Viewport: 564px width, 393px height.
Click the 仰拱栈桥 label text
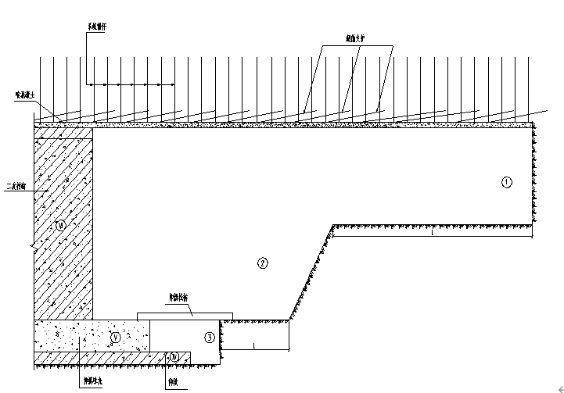pyautogui.click(x=181, y=298)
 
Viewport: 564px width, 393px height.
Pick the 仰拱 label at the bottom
pyautogui.click(x=172, y=382)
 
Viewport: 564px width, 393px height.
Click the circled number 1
pyautogui.click(x=506, y=182)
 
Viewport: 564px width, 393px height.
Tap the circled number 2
pyautogui.click(x=263, y=263)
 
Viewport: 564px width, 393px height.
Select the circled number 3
pyautogui.click(x=209, y=338)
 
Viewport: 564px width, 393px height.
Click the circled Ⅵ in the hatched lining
pyautogui.click(x=62, y=227)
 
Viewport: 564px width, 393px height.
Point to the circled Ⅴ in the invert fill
pyautogui.click(x=116, y=338)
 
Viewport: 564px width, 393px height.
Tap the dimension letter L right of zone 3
pyautogui.click(x=254, y=344)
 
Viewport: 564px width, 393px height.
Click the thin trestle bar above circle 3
pyautogui.click(x=178, y=316)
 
